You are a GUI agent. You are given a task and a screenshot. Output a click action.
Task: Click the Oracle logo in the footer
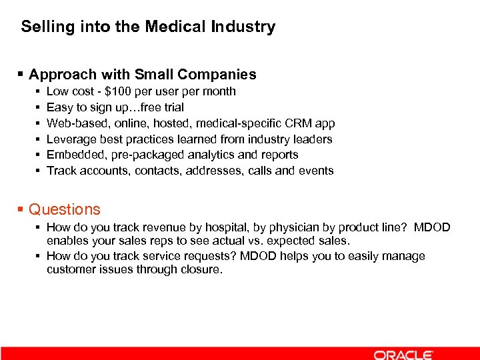[403, 354]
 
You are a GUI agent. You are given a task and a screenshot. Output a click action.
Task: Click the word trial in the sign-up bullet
[172, 107]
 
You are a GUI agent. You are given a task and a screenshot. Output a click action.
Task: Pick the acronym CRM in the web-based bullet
[295, 123]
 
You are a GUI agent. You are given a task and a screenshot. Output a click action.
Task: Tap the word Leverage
[70, 139]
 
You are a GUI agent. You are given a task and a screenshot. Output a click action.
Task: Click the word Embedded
[72, 155]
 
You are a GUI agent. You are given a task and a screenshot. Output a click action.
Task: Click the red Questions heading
[64, 209]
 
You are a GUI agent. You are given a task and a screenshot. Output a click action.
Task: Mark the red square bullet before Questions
[21, 209]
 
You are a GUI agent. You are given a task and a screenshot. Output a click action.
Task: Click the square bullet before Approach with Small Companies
[21, 75]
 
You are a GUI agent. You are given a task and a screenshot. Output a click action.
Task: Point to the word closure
[199, 269]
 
